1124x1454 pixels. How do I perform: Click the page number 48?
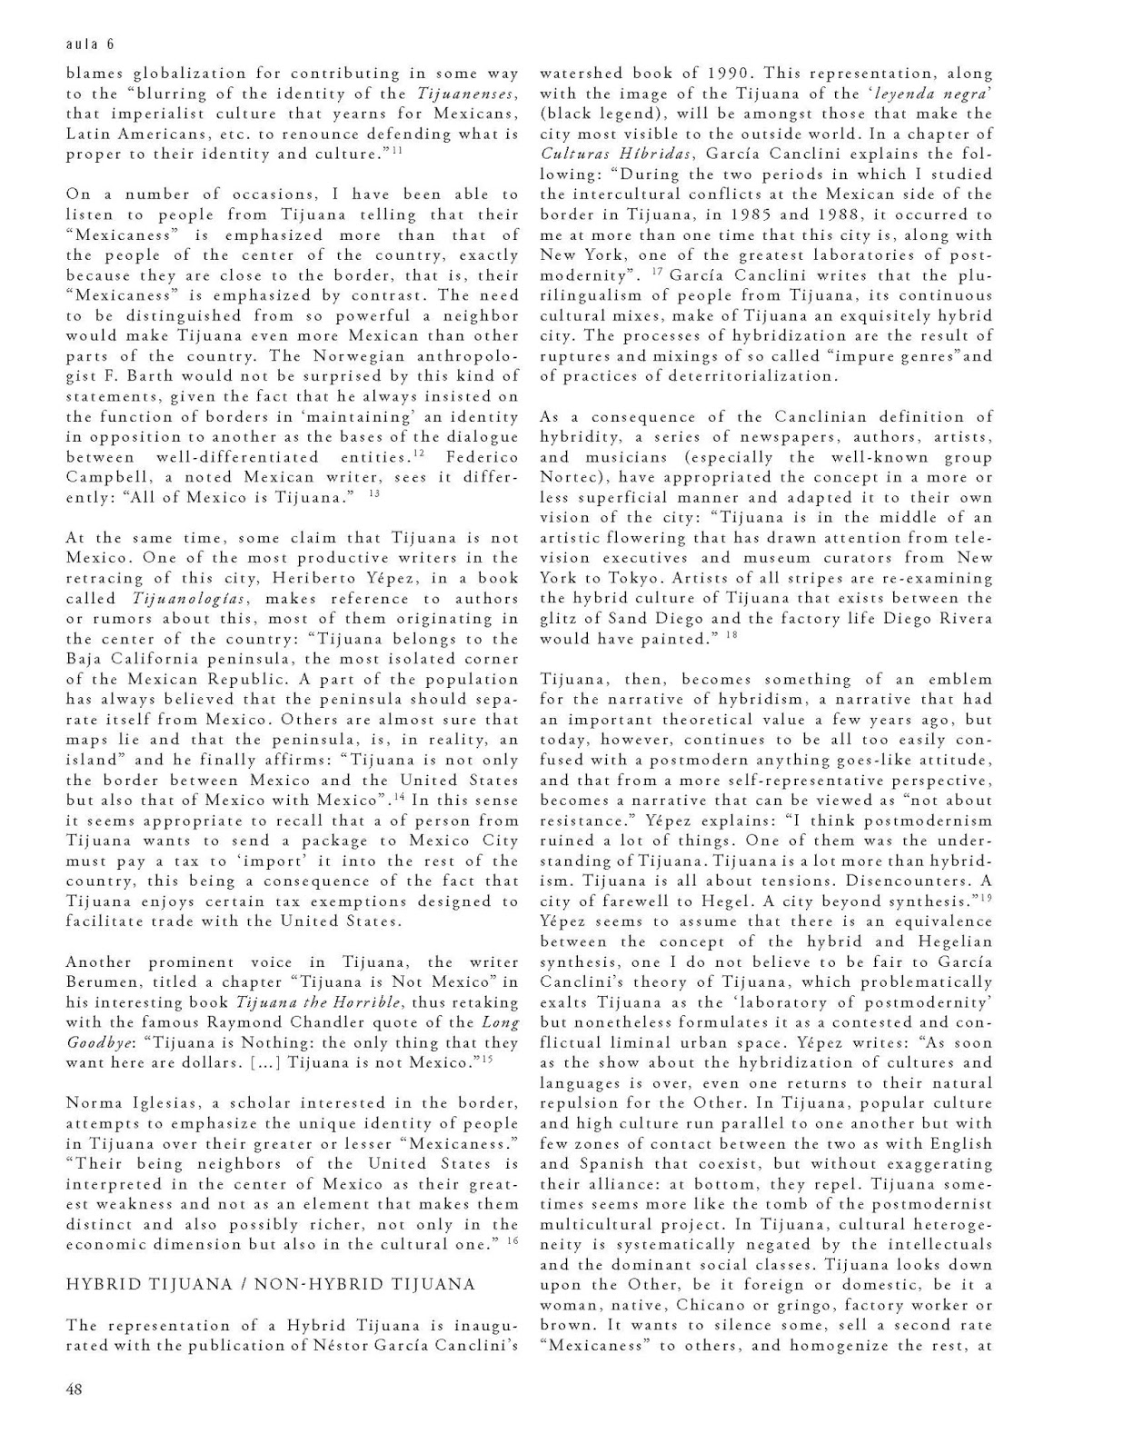pyautogui.click(x=75, y=1389)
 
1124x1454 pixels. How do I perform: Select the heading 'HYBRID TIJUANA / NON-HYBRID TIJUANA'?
pyautogui.click(x=271, y=1284)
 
